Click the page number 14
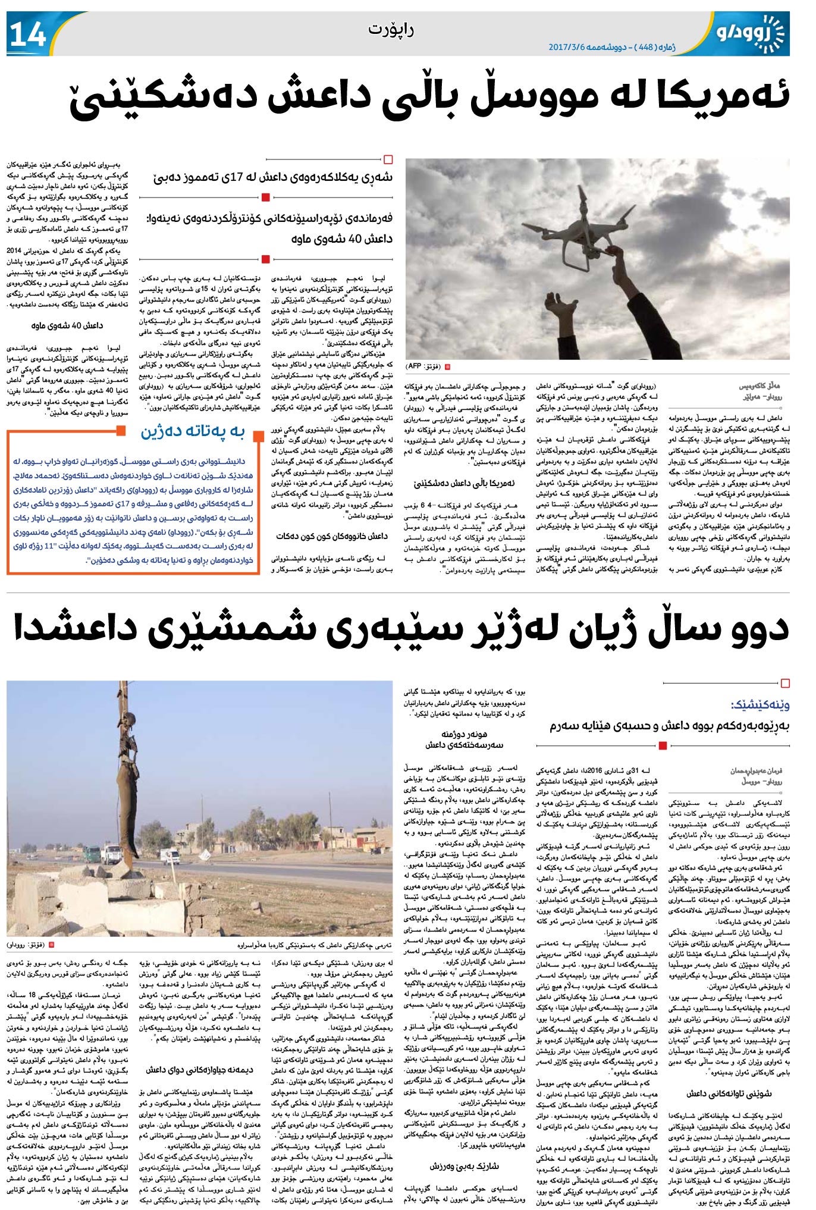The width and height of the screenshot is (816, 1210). click(27, 34)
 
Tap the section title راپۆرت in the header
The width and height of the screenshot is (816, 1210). click(391, 29)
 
